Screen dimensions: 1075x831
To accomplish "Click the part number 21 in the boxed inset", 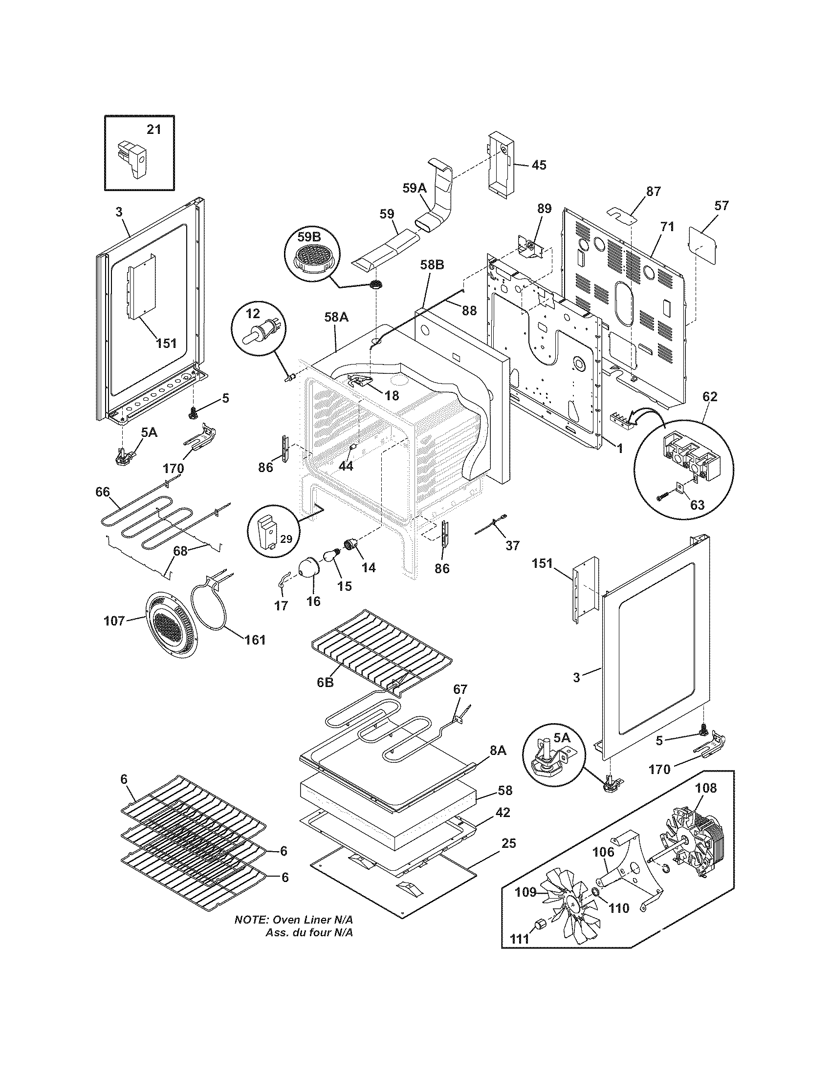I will pyautogui.click(x=154, y=129).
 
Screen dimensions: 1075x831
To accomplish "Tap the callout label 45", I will pyautogui.click(x=539, y=165).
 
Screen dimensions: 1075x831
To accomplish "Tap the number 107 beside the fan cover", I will pyautogui.click(x=114, y=621).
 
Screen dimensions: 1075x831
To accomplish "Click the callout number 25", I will pyautogui.click(x=508, y=843).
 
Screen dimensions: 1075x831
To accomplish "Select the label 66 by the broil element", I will pyautogui.click(x=103, y=492).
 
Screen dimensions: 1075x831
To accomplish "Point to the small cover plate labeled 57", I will pyautogui.click(x=702, y=244).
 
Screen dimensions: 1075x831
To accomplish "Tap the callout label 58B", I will pyautogui.click(x=432, y=265).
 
